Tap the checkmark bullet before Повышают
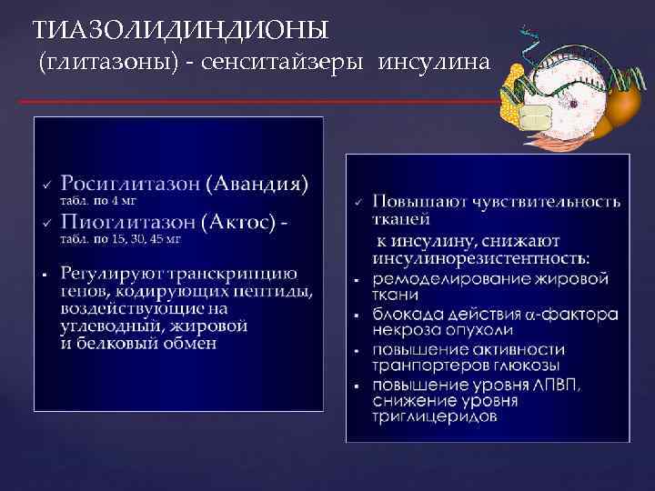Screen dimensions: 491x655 pyautogui.click(x=358, y=201)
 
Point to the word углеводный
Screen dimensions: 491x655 pyautogui.click(x=115, y=326)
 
